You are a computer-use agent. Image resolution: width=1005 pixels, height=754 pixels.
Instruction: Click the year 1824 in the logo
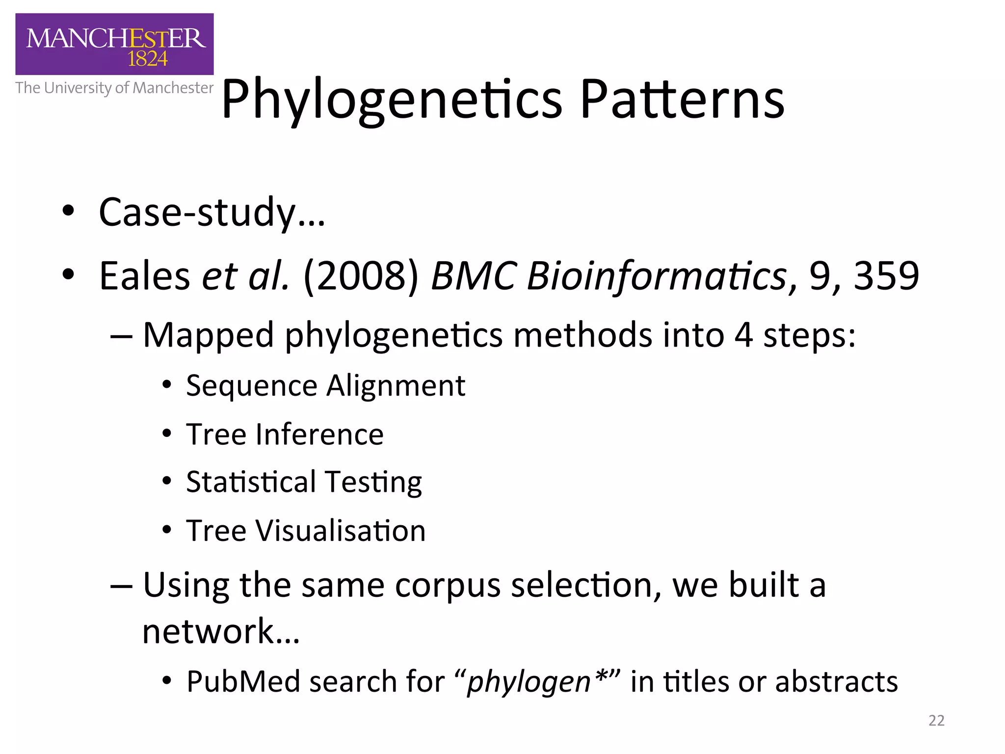(147, 59)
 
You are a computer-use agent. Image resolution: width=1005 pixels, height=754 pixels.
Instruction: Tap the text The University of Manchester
(114, 88)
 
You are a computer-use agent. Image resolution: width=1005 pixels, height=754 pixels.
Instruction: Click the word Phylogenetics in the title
(391, 101)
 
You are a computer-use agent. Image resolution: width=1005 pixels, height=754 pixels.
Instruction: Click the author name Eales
(144, 276)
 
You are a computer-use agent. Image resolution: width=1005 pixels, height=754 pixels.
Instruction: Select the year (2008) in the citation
(361, 276)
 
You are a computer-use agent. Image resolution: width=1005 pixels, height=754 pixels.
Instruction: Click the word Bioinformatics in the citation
(656, 276)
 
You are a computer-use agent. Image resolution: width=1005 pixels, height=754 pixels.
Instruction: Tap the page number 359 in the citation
(886, 276)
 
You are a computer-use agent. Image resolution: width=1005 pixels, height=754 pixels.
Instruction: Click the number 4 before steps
(743, 336)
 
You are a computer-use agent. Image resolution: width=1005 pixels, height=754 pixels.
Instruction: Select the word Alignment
(396, 386)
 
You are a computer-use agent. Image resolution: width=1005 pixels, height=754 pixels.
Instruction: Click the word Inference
(319, 435)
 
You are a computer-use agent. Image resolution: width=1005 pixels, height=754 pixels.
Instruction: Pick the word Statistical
(251, 482)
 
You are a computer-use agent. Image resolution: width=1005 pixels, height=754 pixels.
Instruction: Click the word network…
(220, 631)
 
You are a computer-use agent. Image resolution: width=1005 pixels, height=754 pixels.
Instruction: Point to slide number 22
(936, 720)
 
